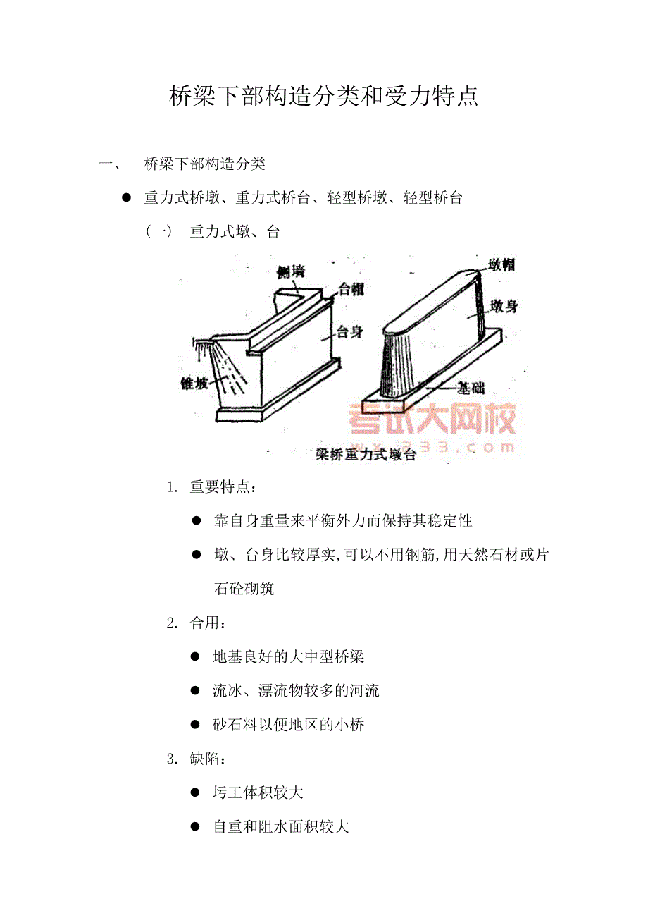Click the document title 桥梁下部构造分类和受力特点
[x=323, y=97]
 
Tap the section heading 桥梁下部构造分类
[x=205, y=164]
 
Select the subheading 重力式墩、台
[x=235, y=232]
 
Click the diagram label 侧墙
[x=291, y=271]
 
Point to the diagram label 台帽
[x=351, y=289]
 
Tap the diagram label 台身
[x=349, y=331]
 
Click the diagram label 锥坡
[x=194, y=384]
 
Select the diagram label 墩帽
[x=502, y=265]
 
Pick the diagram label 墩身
[x=504, y=306]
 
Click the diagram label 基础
[x=471, y=388]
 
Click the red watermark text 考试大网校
[x=432, y=419]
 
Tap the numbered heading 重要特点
[x=220, y=487]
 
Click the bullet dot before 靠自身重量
[x=197, y=521]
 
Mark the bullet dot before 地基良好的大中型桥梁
[x=195, y=657]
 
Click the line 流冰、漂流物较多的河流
[x=296, y=690]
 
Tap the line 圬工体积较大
[x=258, y=792]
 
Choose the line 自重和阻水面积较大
[x=281, y=826]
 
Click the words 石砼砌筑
[x=244, y=589]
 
